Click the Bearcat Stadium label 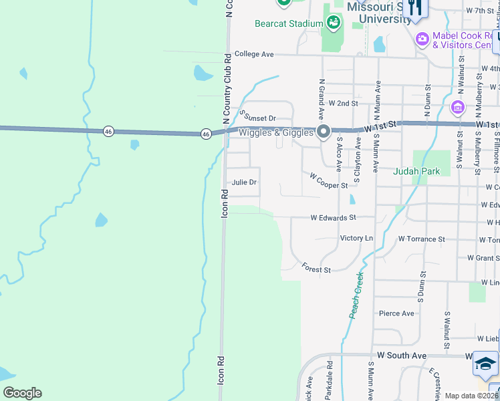point(289,23)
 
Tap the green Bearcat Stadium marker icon point(333,23)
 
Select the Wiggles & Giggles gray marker point(324,132)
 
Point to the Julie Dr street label point(244,182)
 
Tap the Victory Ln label point(356,238)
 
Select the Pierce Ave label point(397,313)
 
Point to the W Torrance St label point(421,239)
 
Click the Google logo point(22,392)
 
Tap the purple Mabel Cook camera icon point(422,38)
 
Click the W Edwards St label point(333,217)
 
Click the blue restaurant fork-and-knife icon point(415,8)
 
